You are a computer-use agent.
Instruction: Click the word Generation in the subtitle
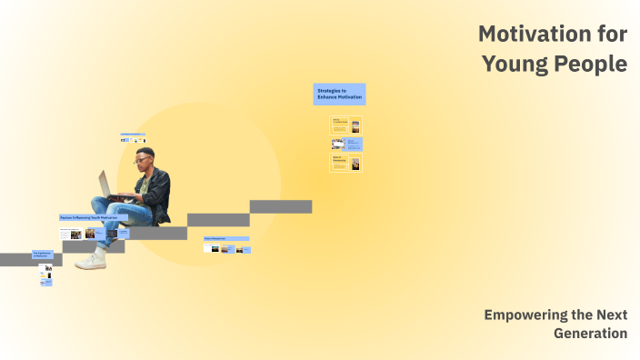coord(590,334)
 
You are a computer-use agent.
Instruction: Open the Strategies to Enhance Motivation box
coord(339,94)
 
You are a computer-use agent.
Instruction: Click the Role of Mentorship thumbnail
coord(345,164)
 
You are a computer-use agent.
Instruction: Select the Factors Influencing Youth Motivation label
coord(88,218)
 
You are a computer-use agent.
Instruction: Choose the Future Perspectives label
coord(226,238)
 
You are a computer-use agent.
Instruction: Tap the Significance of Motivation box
coord(42,255)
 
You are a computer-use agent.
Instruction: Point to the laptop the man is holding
coord(107,184)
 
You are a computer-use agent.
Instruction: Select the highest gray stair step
coord(281,206)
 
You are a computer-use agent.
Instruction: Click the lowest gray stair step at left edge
coord(18,259)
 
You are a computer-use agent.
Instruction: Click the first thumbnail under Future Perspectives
coord(215,248)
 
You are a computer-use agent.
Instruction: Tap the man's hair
coord(145,151)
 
